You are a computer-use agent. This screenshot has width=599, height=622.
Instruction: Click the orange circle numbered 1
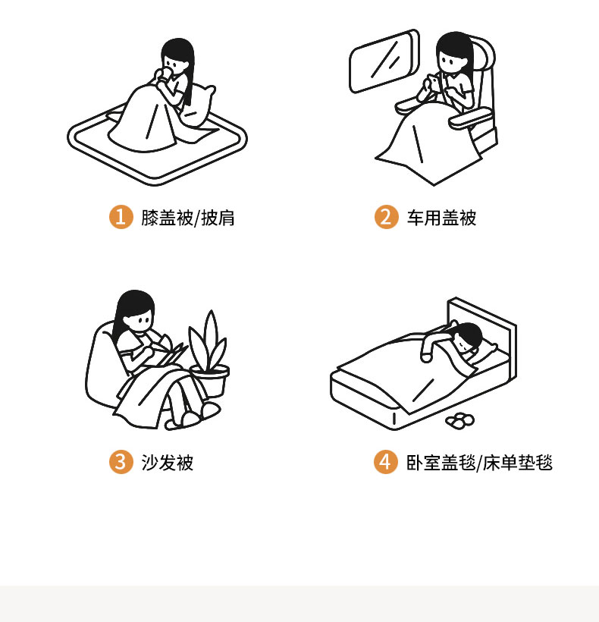tap(121, 217)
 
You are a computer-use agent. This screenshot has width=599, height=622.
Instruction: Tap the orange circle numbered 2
tap(386, 217)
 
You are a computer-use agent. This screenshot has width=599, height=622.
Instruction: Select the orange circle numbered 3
tap(121, 462)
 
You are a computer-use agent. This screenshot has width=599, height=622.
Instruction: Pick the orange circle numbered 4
tap(385, 462)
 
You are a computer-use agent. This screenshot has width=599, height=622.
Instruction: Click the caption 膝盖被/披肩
tap(188, 218)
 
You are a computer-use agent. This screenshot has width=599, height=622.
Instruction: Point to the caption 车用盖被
tap(441, 218)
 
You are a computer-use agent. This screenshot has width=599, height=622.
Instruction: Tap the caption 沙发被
tap(168, 463)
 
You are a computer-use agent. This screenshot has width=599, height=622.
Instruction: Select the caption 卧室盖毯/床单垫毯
tap(479, 463)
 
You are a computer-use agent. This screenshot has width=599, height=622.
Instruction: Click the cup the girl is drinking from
tap(163, 74)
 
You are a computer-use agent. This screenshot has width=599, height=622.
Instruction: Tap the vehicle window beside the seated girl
tap(384, 61)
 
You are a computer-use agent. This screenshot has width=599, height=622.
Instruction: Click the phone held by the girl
tap(433, 83)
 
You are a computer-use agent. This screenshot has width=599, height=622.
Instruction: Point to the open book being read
tap(168, 351)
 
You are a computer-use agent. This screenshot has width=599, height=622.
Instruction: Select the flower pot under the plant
tap(211, 382)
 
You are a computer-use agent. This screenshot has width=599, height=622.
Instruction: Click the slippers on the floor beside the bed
tap(459, 420)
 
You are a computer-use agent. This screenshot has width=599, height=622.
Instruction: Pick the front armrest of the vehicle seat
tap(469, 118)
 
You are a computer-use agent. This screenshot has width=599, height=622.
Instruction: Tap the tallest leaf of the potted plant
tap(211, 338)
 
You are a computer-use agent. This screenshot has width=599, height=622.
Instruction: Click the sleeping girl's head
tap(467, 338)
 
